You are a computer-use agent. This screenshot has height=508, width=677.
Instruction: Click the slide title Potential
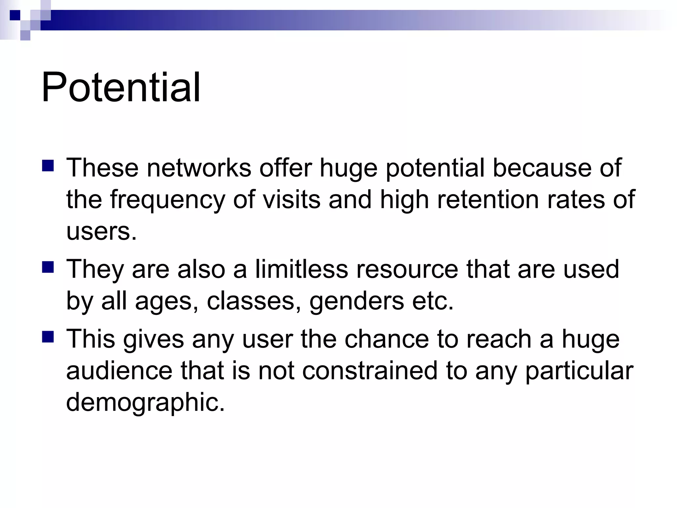coord(121,87)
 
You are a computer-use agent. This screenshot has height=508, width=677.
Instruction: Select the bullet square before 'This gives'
coord(48,337)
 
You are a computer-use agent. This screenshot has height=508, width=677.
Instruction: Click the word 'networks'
coord(199,168)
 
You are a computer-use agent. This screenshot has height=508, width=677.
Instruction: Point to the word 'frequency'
coord(168,200)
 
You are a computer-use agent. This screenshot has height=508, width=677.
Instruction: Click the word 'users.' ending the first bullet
coord(101,231)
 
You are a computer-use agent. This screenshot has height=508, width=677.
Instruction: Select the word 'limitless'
coord(301,269)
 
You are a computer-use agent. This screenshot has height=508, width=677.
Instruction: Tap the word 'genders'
coord(357,301)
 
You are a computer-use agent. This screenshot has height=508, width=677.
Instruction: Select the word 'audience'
coord(119,371)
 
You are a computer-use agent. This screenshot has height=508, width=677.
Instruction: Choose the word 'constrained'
coord(370,371)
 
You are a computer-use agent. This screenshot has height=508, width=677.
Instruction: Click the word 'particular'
coord(579,371)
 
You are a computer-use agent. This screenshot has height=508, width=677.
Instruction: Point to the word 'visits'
coord(292,200)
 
